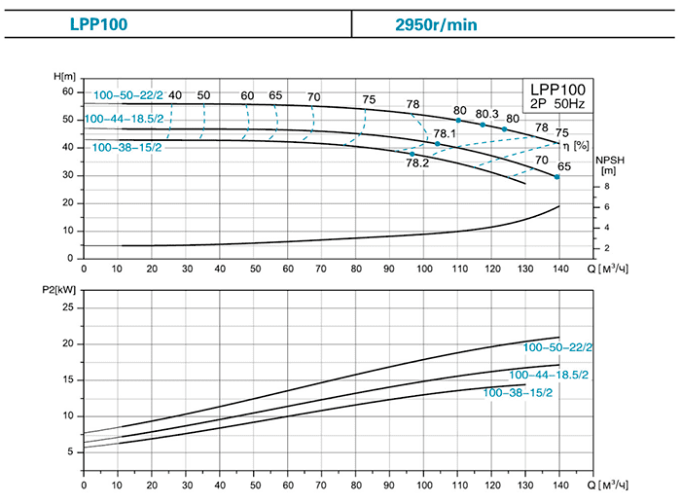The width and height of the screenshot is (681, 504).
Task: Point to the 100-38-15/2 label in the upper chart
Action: tap(126, 148)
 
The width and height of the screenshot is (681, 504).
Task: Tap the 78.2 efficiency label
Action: tap(417, 163)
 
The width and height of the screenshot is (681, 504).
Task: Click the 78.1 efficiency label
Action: tap(445, 134)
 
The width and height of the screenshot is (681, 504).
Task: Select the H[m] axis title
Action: tap(64, 76)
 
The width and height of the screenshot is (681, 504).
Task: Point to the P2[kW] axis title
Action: tap(64, 290)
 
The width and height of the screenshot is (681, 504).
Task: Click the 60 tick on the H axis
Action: tap(68, 91)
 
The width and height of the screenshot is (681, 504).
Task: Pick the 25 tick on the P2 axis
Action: tap(68, 306)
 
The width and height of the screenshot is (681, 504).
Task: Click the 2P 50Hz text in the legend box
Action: tap(557, 103)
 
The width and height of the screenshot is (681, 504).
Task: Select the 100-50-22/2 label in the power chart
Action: tap(557, 347)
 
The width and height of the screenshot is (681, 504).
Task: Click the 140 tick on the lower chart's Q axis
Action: tap(558, 484)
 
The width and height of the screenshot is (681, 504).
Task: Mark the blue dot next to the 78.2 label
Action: tap(412, 154)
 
